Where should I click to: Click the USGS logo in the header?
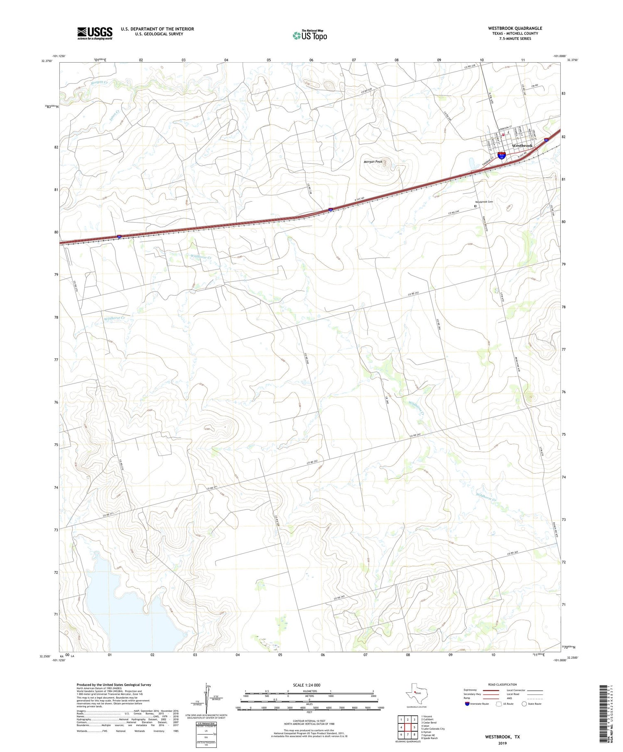[x=95, y=33]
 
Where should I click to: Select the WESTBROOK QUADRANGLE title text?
[x=515, y=28]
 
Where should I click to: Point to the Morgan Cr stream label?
[x=99, y=83]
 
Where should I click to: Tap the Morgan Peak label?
[x=373, y=162]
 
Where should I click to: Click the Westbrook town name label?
[x=522, y=146]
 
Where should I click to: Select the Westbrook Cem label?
[x=484, y=202]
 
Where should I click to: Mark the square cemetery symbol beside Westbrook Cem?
[x=476, y=206]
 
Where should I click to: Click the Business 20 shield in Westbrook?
[x=502, y=156]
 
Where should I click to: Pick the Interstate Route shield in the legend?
[x=467, y=704]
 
